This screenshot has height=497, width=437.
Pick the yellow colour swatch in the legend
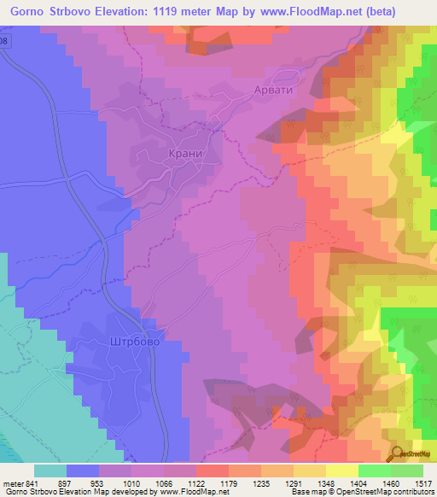pos(341,470)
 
